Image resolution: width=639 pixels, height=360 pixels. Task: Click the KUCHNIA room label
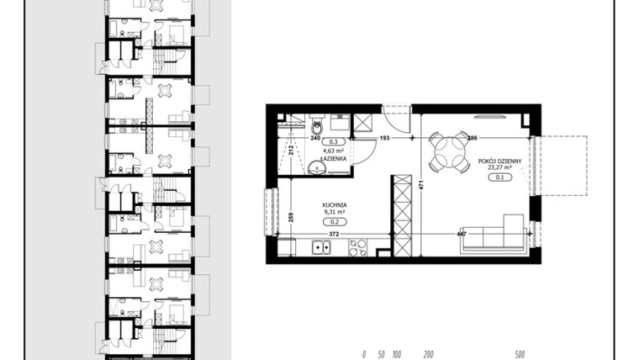pyautogui.click(x=335, y=204)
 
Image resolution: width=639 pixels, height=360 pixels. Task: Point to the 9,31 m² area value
pyautogui.click(x=335, y=212)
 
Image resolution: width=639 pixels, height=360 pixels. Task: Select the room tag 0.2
pyautogui.click(x=335, y=221)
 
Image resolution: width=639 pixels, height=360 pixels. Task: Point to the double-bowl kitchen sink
pyautogui.click(x=320, y=247)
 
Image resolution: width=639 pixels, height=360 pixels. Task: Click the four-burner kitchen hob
pyautogui.click(x=358, y=247)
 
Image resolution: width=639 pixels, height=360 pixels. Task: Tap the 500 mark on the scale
pyautogui.click(x=520, y=354)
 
